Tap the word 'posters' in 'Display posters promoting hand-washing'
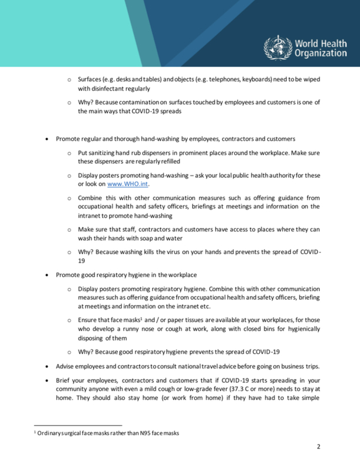click(110, 176)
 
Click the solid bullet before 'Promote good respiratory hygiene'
click(47, 276)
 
